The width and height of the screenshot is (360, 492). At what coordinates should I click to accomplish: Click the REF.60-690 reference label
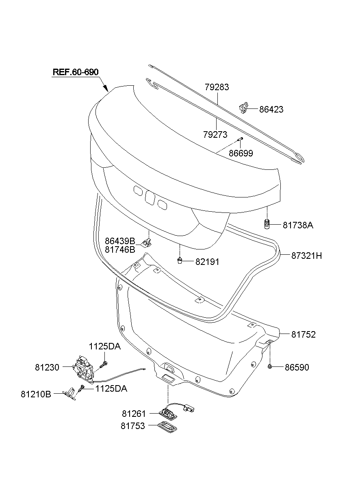coord(76,72)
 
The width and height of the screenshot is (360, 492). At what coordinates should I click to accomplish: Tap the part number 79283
coord(217,87)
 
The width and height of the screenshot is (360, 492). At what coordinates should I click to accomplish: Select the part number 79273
coord(216,134)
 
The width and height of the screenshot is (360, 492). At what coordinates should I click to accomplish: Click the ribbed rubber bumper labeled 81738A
coord(267,224)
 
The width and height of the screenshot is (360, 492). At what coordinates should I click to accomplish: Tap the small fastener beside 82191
coord(179,261)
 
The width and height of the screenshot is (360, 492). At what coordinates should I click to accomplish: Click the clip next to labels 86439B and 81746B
coord(147,243)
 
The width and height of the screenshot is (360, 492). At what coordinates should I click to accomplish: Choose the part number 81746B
coord(120,249)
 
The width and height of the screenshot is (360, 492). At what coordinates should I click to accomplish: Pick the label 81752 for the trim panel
coord(303,334)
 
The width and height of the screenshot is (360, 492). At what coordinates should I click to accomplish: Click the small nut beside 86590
coord(270,367)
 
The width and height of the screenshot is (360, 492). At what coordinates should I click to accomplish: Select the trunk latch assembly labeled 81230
coord(84,366)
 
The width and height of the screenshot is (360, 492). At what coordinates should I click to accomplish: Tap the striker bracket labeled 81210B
coord(70,393)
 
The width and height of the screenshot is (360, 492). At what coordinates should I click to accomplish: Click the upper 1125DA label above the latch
coord(105,347)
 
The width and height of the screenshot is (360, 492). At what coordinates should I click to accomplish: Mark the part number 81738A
coord(298,225)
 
